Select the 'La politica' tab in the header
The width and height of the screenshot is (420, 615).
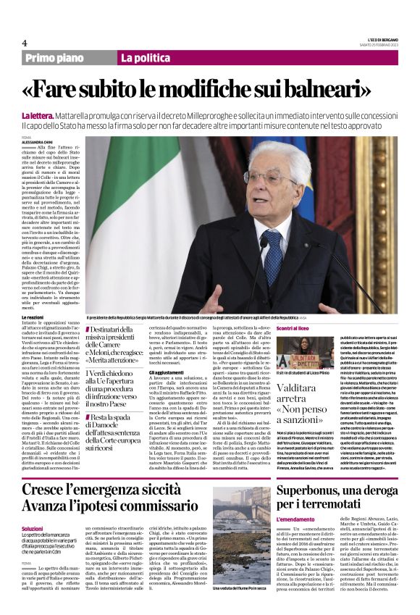(x=144, y=58)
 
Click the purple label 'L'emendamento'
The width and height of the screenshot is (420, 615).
(x=295, y=519)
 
